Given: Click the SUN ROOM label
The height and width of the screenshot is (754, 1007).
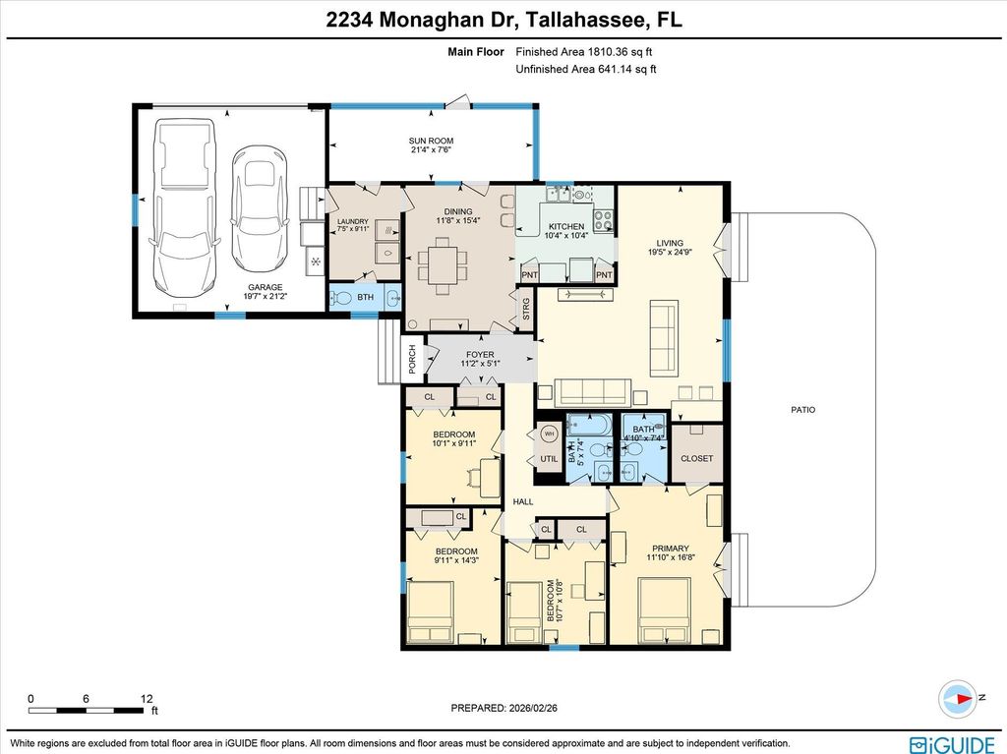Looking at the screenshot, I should (432, 142).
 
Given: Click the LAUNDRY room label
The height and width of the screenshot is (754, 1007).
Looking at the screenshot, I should (352, 222).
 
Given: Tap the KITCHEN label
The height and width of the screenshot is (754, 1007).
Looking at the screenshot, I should (566, 227).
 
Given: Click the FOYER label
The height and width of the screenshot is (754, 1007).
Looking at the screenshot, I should (481, 355).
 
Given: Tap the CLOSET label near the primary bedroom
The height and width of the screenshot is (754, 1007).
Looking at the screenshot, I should (697, 458).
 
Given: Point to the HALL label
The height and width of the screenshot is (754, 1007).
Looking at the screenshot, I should (523, 501).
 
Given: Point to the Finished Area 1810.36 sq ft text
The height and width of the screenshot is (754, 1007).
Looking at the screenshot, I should (585, 51).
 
